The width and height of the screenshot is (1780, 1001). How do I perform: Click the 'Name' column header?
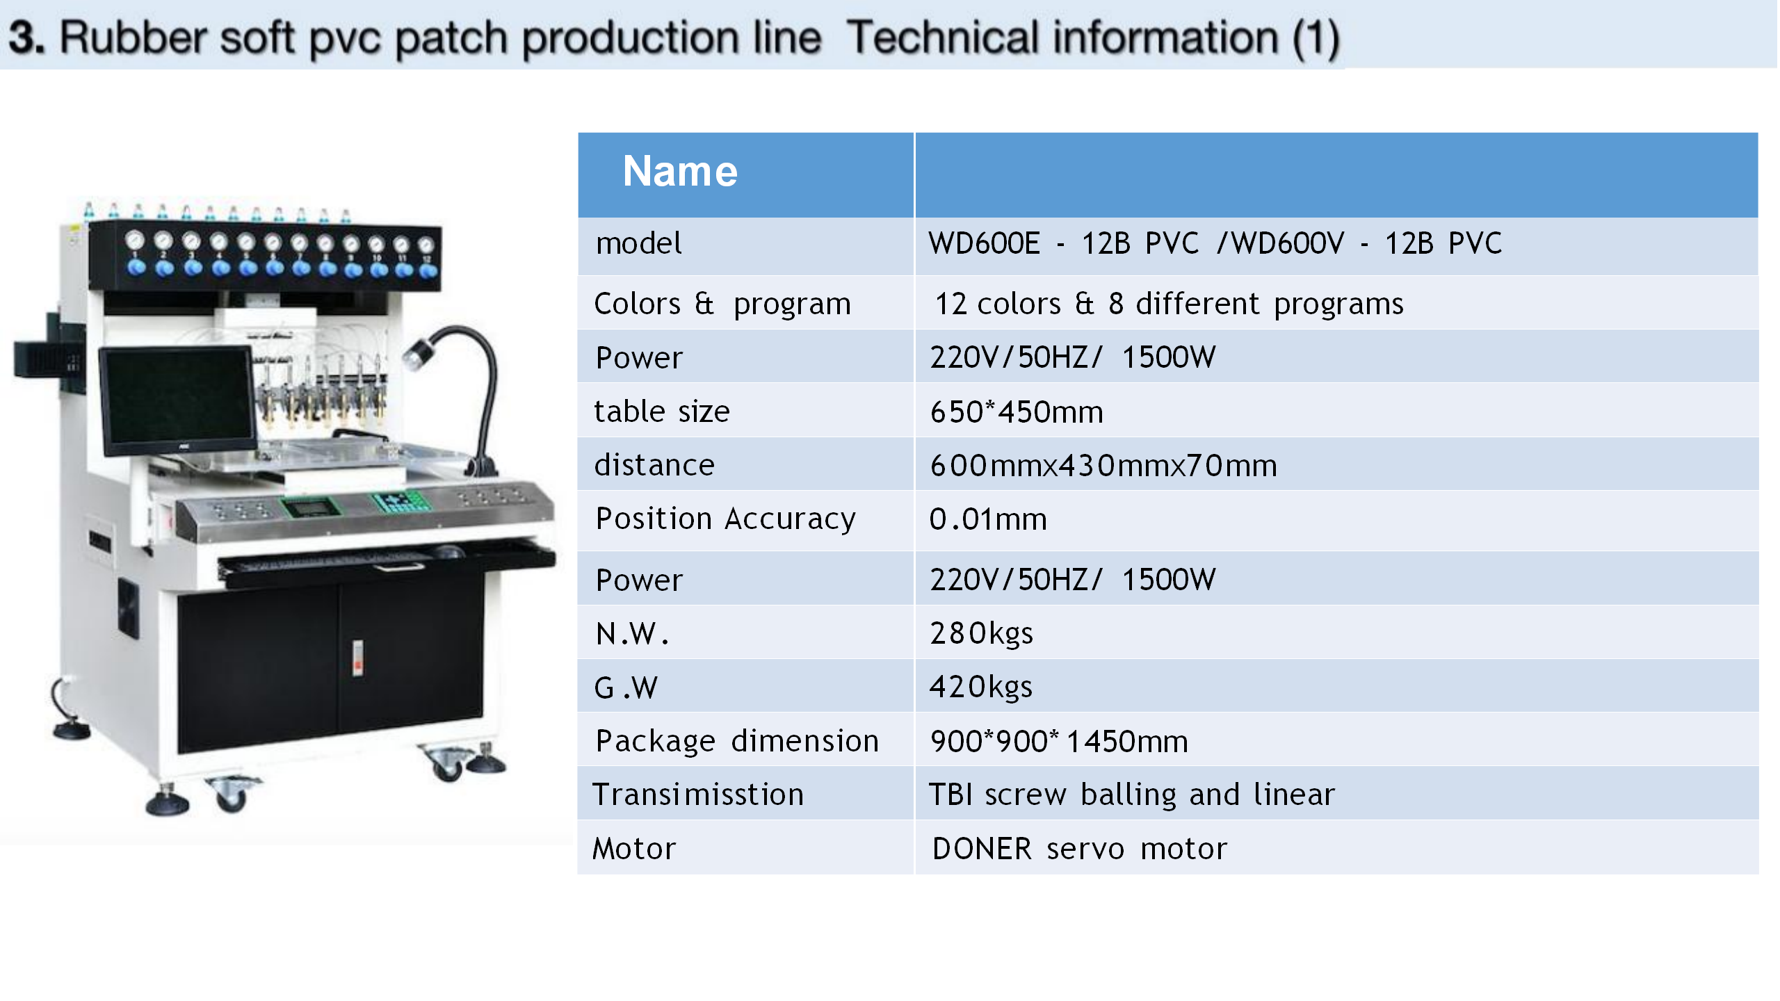pyautogui.click(x=679, y=171)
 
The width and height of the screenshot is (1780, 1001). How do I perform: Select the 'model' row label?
pyautogui.click(x=638, y=244)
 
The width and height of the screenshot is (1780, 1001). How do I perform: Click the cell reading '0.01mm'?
pyautogui.click(x=988, y=519)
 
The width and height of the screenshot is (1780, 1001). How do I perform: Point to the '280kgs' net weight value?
pyautogui.click(x=981, y=633)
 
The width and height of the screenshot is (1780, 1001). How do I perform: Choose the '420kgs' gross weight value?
pyautogui.click(x=981, y=687)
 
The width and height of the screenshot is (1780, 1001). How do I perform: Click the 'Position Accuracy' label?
pyautogui.click(x=725, y=519)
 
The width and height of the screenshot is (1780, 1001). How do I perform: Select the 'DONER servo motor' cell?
pyautogui.click(x=1079, y=849)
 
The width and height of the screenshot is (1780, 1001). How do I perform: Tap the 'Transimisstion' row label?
pyautogui.click(x=698, y=795)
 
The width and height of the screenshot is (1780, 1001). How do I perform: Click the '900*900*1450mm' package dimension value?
pyautogui.click(x=1059, y=741)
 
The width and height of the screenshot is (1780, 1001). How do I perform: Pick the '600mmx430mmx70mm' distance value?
pyautogui.click(x=1103, y=465)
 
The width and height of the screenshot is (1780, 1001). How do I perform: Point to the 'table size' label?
pyautogui.click(x=661, y=412)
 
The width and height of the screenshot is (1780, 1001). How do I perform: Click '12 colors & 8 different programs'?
pyautogui.click(x=1169, y=304)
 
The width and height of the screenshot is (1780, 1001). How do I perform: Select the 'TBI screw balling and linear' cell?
pyautogui.click(x=1132, y=795)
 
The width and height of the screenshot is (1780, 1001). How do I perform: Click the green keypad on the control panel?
pyautogui.click(x=399, y=500)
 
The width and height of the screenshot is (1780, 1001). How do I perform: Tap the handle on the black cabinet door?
pyautogui.click(x=357, y=658)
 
